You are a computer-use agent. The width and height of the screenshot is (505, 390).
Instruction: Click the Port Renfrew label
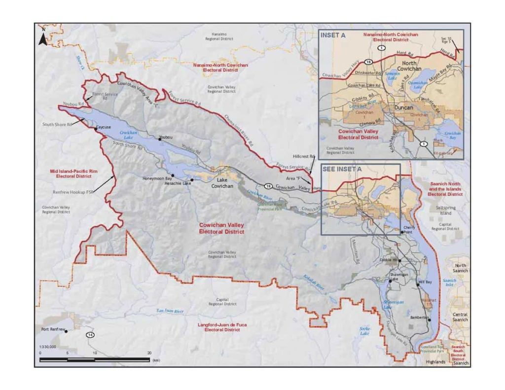51,328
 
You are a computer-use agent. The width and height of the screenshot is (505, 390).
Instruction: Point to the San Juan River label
170,311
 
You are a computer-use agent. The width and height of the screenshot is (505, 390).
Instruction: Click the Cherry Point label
410,229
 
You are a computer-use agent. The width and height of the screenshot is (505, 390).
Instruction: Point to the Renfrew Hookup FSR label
79,193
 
